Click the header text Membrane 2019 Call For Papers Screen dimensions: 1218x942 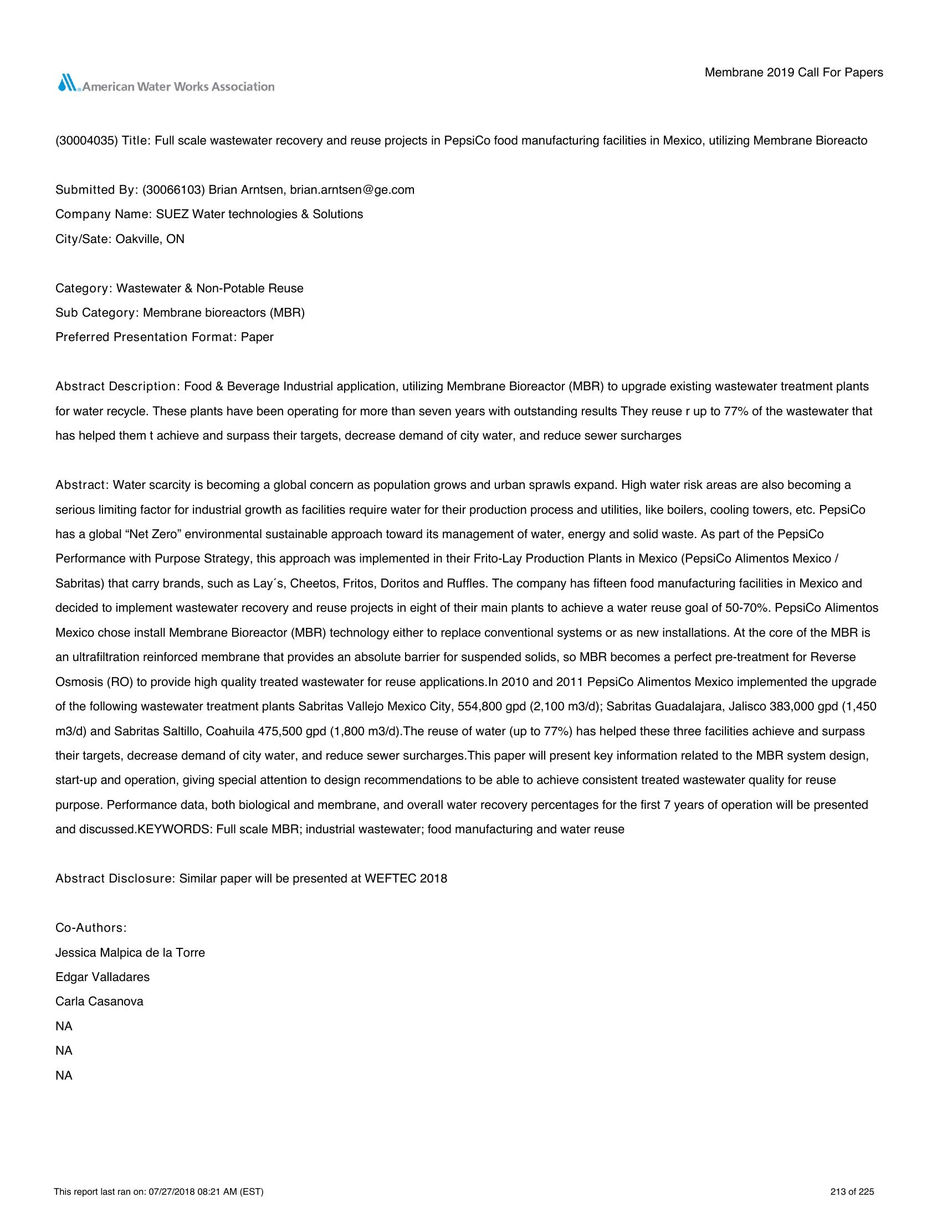coord(793,73)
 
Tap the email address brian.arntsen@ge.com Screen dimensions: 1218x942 coord(352,189)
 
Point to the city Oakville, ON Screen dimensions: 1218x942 coord(150,239)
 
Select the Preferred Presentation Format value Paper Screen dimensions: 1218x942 coord(257,337)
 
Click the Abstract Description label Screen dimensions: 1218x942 coord(116,386)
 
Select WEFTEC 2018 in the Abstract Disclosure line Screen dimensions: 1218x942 coord(406,879)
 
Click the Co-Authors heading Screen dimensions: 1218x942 coord(91,927)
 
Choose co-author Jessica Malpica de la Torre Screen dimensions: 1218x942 coord(130,953)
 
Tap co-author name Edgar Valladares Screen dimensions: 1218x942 coord(102,977)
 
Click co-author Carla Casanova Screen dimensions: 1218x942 coord(99,1002)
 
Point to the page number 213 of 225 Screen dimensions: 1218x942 coord(852,1192)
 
